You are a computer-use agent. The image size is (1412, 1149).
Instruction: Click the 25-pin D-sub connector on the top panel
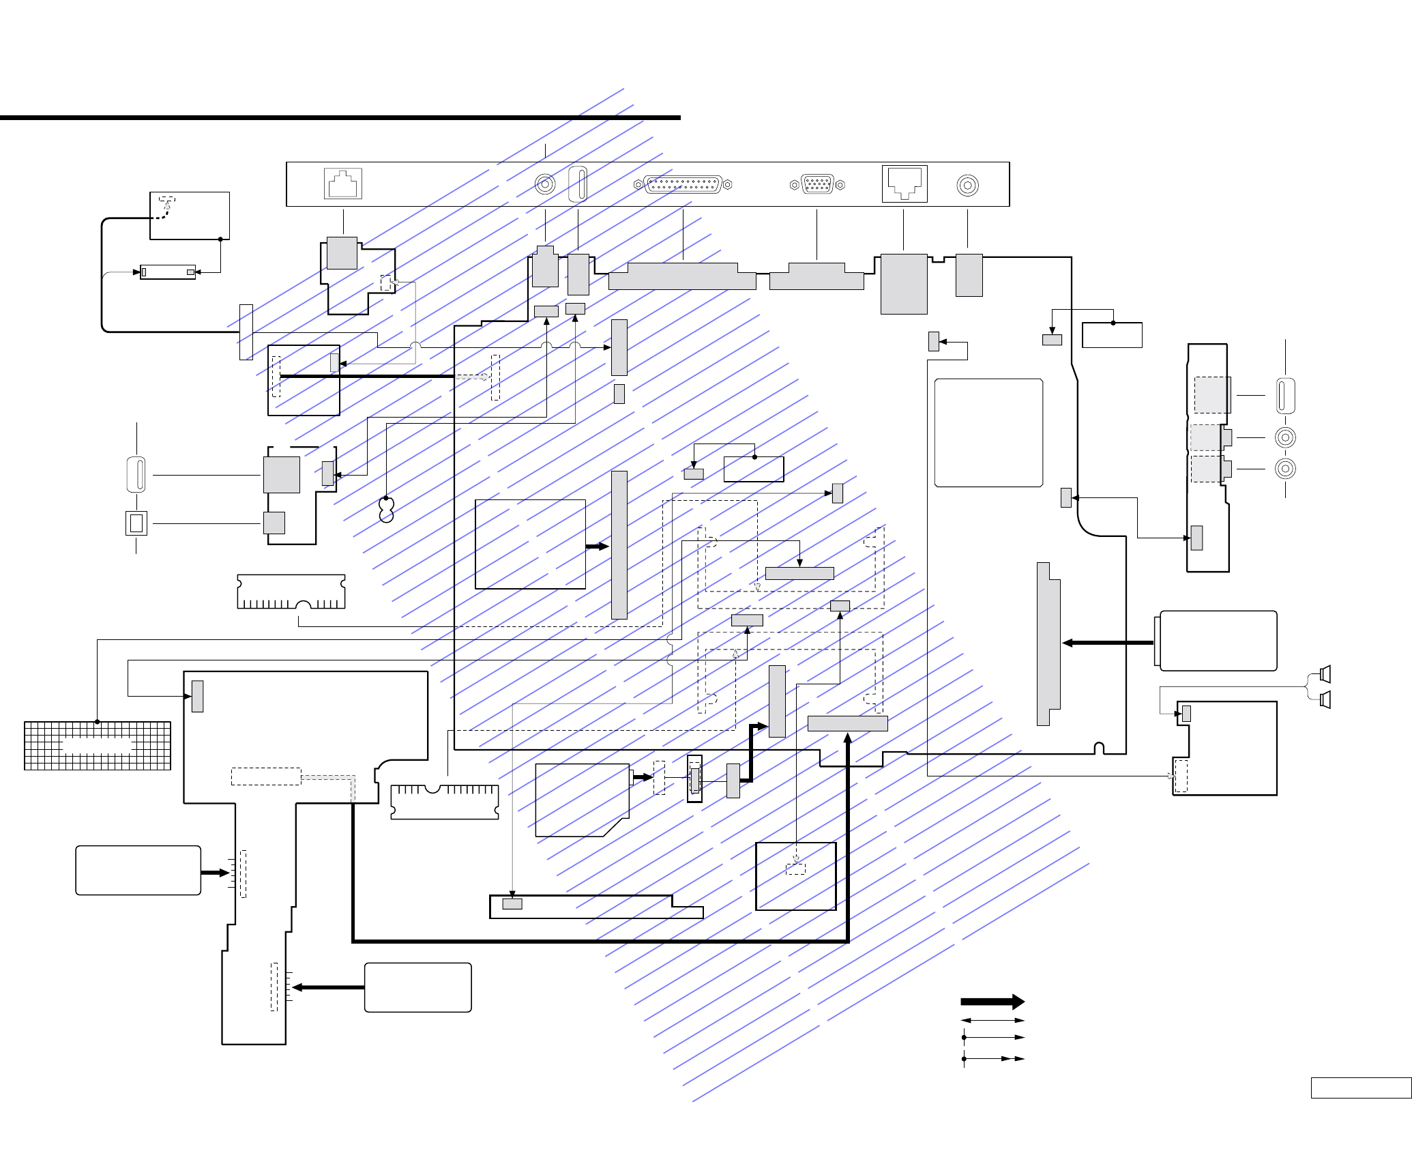(x=683, y=184)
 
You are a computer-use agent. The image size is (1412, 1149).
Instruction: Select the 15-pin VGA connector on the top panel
(x=817, y=184)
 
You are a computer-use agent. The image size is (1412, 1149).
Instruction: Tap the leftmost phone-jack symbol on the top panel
(x=342, y=184)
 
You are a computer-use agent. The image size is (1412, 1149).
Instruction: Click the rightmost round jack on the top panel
(x=968, y=186)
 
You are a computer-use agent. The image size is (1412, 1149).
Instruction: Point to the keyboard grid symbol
(x=98, y=745)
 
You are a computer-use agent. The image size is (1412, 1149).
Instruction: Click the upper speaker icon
(x=1325, y=674)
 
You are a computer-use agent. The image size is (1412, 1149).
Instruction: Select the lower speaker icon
(x=1325, y=699)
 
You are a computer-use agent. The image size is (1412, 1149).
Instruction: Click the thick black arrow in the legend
(x=992, y=1002)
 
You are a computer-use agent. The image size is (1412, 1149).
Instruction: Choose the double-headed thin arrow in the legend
(x=992, y=1021)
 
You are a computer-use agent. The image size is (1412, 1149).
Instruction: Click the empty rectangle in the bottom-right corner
(x=1360, y=1107)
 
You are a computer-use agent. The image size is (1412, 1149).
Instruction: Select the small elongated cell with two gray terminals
(x=168, y=272)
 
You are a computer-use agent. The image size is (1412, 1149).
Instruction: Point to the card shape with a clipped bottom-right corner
(x=582, y=800)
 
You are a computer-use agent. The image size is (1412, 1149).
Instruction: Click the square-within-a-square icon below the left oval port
(x=136, y=523)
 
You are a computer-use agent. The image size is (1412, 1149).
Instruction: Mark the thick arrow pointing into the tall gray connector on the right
(x=1108, y=643)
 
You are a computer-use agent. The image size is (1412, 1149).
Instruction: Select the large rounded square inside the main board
(x=988, y=433)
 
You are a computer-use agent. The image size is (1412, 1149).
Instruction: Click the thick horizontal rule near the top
(x=340, y=117)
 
